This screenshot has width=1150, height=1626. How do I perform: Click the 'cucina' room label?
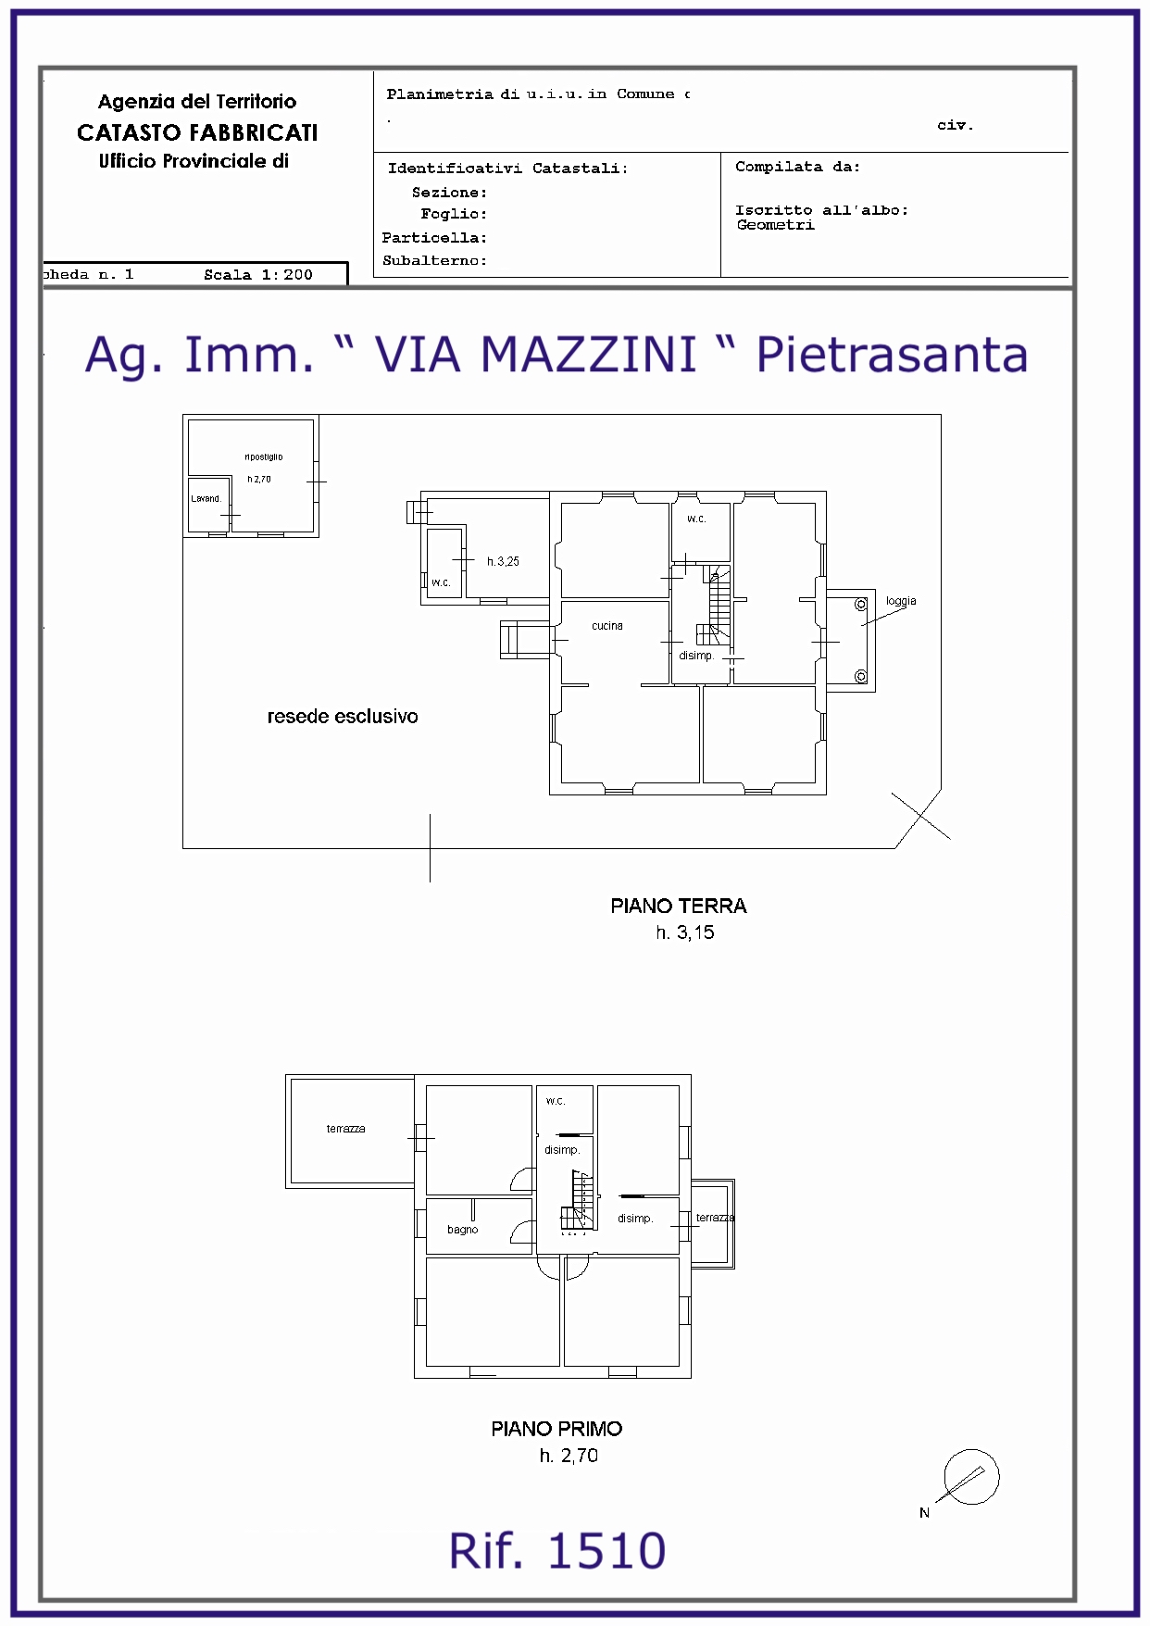[x=607, y=626]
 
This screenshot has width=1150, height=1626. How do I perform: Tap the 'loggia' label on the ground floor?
[x=901, y=601]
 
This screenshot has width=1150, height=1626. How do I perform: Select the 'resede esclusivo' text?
[x=343, y=716]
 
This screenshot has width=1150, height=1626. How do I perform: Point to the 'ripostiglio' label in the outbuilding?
[x=264, y=457]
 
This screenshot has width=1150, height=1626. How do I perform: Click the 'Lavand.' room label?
[x=206, y=498]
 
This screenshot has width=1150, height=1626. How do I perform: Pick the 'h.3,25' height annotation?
[x=503, y=561]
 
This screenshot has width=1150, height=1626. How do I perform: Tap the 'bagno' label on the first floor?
[x=463, y=1230]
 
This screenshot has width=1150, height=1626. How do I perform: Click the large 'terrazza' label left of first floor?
[x=345, y=1129]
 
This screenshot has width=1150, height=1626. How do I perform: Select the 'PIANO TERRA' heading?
[x=679, y=906]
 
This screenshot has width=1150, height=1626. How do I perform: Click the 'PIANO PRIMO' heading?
[x=556, y=1429]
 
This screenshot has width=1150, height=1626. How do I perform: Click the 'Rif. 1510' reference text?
[x=557, y=1551]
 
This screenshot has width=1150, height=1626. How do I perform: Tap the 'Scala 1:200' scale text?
[x=258, y=274]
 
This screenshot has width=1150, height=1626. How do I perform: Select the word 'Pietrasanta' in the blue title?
[x=892, y=355]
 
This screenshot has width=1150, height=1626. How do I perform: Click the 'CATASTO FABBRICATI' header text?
[x=197, y=132]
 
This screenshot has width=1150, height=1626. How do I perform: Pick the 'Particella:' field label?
[x=434, y=238]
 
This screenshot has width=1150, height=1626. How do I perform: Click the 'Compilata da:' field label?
[x=797, y=167]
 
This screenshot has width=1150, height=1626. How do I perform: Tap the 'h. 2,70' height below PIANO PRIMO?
[x=569, y=1456]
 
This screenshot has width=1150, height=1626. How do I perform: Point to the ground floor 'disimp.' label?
[x=696, y=656]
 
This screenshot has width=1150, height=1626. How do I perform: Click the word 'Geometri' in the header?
[x=776, y=224]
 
